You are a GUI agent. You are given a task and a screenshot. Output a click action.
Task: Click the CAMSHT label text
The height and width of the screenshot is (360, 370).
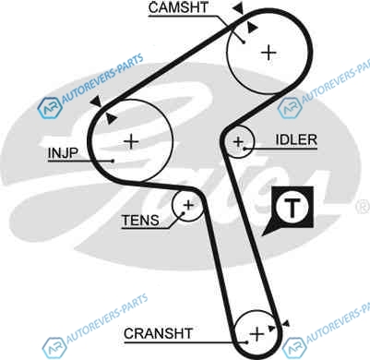pyautogui.click(x=178, y=7)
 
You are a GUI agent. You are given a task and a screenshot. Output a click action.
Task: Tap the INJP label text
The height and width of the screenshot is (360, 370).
pyautogui.click(x=63, y=153)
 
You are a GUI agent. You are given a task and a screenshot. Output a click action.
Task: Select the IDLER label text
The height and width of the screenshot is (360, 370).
pyautogui.click(x=296, y=140)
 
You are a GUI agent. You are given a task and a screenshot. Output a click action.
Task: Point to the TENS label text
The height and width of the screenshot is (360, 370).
pyautogui.click(x=140, y=221)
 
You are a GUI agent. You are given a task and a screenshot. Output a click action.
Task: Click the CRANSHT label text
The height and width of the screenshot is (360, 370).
pyautogui.click(x=159, y=333)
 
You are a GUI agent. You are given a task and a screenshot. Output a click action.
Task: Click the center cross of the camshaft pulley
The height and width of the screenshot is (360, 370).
pyautogui.click(x=269, y=53)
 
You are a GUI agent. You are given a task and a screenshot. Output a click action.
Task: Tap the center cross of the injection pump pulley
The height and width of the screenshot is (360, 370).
pyautogui.click(x=131, y=142)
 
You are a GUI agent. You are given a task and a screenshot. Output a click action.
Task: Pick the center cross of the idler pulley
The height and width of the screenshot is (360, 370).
pyautogui.click(x=238, y=142)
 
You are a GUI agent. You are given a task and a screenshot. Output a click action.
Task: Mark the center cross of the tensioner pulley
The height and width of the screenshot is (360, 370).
pyautogui.click(x=188, y=205)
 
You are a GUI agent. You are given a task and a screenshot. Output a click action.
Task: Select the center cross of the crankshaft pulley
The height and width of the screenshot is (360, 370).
pyautogui.click(x=257, y=334)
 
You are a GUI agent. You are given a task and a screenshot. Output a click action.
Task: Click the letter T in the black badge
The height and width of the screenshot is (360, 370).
pyautogui.click(x=292, y=208)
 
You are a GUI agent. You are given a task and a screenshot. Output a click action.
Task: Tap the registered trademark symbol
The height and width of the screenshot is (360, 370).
pyautogui.click(x=363, y=207)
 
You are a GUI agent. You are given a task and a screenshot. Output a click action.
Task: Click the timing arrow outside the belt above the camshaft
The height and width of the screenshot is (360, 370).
pyautogui.click(x=239, y=7)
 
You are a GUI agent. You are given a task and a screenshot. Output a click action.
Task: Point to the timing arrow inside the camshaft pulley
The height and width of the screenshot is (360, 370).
pyautogui.click(x=252, y=27)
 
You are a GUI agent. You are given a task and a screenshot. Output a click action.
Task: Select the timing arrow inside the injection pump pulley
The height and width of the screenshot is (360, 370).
pyautogui.click(x=111, y=118)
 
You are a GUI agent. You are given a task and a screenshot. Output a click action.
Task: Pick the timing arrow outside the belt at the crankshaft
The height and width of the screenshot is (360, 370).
pyautogui.click(x=286, y=323)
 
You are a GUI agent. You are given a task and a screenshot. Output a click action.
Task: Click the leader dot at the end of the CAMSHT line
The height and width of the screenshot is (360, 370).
pyautogui.click(x=244, y=42)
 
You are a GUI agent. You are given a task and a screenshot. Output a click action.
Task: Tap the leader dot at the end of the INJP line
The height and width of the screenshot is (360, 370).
pyautogui.click(x=113, y=161)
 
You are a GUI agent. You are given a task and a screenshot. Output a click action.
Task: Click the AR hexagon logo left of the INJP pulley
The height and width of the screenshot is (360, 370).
pyautogui.click(x=50, y=108)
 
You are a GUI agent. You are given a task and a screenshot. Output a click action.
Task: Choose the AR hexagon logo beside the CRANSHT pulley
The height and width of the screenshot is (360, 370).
pyautogui.click(x=294, y=348)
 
